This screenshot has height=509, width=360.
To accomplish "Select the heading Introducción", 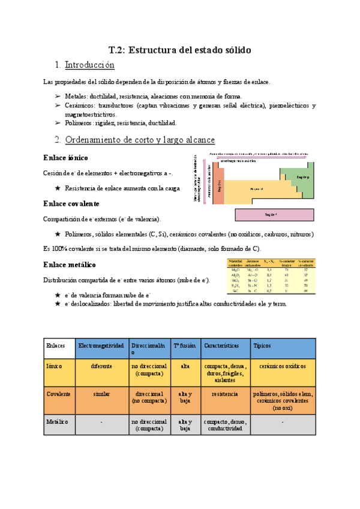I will pyautogui.click(x=89, y=65).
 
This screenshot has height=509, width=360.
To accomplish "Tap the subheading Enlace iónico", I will pyautogui.click(x=66, y=157).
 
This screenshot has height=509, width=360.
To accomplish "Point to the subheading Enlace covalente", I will pyautogui.click(x=71, y=203).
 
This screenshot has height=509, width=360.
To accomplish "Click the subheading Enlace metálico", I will pyautogui.click(x=70, y=264).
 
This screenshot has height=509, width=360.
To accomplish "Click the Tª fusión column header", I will pyautogui.click(x=183, y=346).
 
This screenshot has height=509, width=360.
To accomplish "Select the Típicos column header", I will pyautogui.click(x=263, y=346).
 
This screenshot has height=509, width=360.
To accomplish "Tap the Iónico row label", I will pyautogui.click(x=55, y=366).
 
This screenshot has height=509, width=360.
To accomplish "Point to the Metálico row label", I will pyautogui.click(x=57, y=422).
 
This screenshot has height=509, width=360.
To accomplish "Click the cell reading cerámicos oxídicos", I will pyautogui.click(x=282, y=366).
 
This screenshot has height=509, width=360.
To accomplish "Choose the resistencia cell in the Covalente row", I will pyautogui.click(x=221, y=394).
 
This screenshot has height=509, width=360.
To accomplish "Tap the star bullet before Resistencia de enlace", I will pyautogui.click(x=58, y=188).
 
